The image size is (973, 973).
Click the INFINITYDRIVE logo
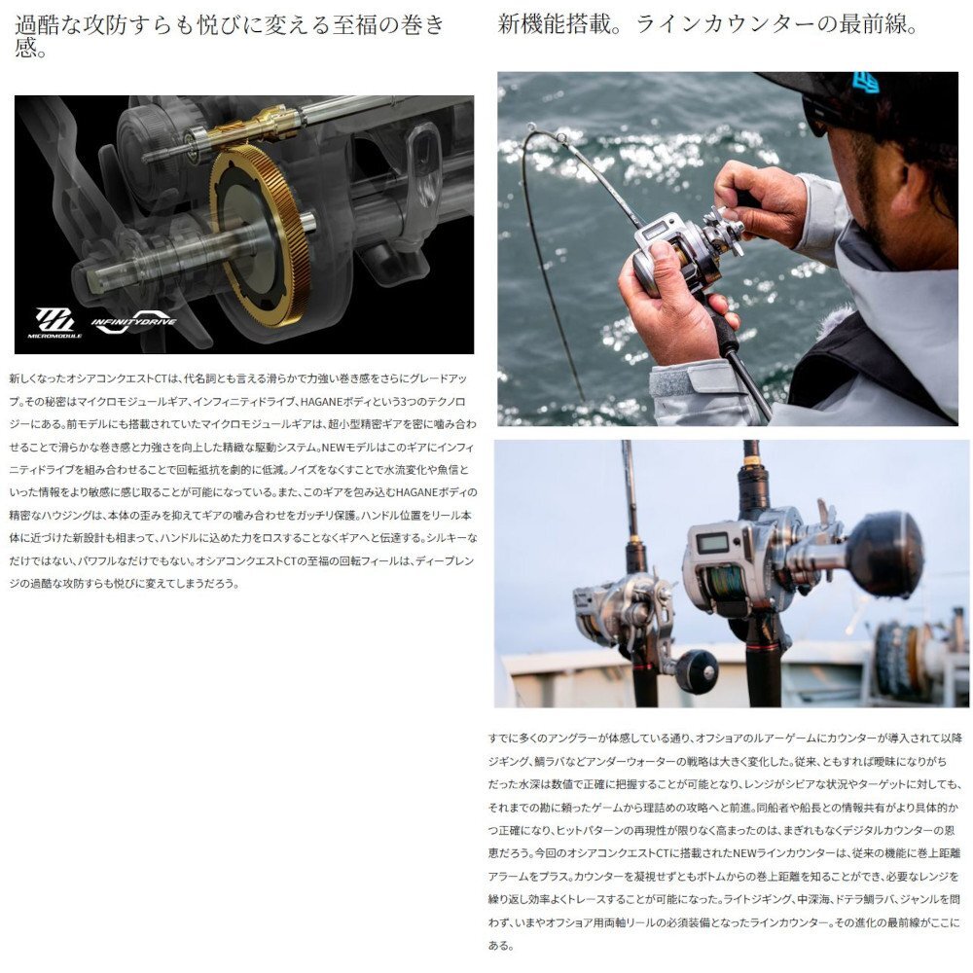coord(133,322)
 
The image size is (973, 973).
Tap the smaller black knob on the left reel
coord(697,671)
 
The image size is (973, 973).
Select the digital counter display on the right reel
coord(713,543)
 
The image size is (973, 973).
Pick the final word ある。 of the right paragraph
coord(500,944)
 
